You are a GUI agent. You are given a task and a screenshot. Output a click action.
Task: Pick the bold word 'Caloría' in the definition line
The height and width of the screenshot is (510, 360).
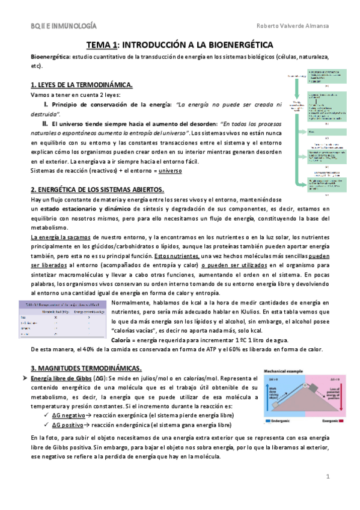coord(125,340)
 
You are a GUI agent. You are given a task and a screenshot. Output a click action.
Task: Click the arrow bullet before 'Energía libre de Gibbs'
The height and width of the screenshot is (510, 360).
coord(34,377)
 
